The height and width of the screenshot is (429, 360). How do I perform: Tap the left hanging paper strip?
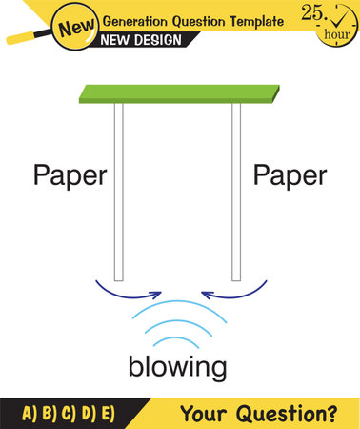click(119, 191)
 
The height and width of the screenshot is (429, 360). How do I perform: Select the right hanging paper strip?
click(236, 191)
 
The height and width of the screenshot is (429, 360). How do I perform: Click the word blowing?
click(179, 367)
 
